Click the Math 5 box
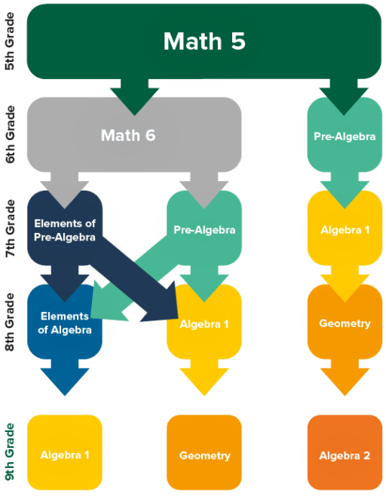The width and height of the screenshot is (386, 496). [x=204, y=41]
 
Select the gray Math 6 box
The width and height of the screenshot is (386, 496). [x=134, y=135]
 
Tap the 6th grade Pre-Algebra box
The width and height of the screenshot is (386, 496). [x=345, y=135]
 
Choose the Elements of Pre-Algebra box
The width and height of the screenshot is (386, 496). [x=65, y=228]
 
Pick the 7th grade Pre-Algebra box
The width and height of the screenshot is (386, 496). [x=204, y=228]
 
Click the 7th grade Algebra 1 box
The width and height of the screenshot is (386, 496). [x=345, y=228]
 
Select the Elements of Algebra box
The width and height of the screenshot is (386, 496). [x=65, y=322]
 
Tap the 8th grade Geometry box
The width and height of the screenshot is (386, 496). [x=345, y=322]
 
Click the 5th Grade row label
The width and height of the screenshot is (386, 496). [x=10, y=41]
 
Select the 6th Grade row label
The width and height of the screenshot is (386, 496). [x=10, y=134]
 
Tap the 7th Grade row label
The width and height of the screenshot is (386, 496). [x=10, y=228]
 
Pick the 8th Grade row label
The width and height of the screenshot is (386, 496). [x=10, y=322]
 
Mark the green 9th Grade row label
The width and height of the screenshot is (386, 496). [x=10, y=452]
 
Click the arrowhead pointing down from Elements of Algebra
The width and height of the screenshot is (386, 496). [x=65, y=381]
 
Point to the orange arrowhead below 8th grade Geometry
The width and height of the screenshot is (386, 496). [x=345, y=381]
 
